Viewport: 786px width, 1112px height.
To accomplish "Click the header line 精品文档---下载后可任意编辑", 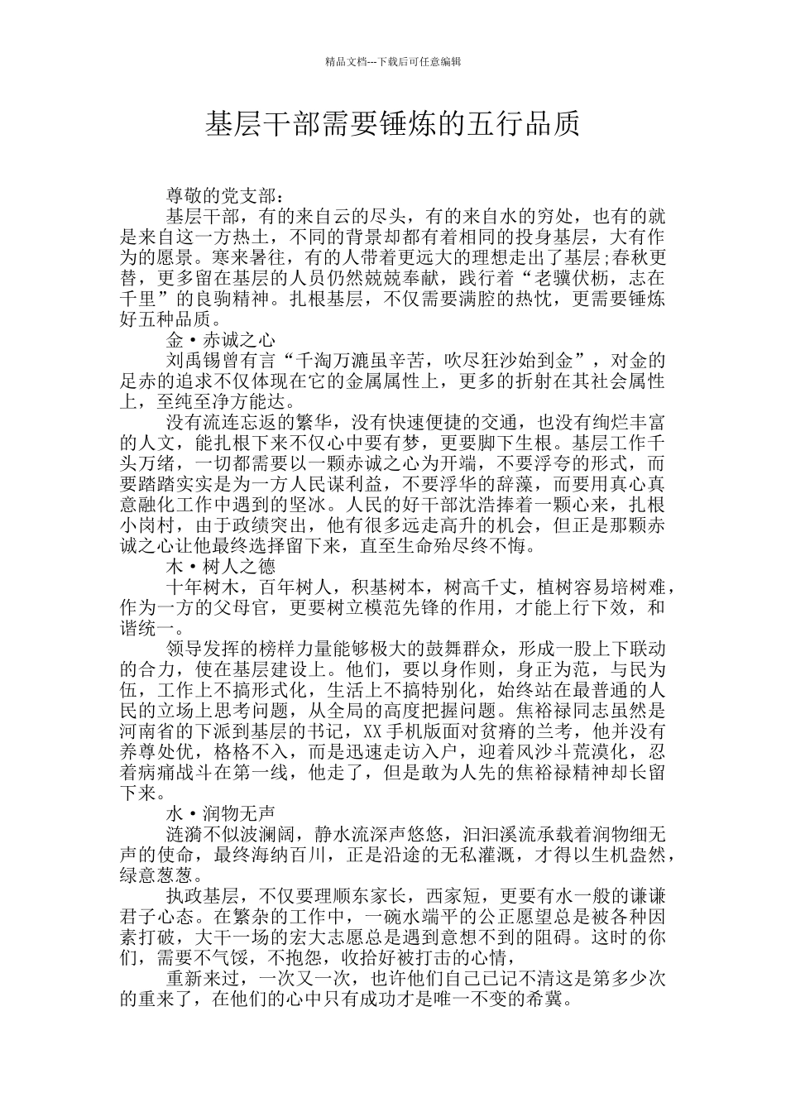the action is coord(393,61).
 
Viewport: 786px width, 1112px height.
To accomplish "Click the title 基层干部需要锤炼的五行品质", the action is coord(392,125).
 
